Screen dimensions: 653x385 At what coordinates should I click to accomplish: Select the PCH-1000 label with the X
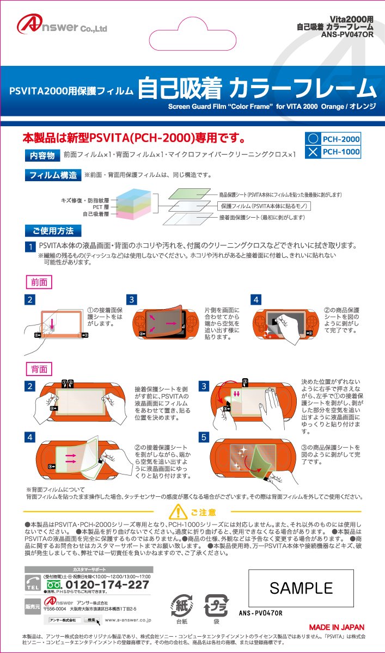click(x=333, y=152)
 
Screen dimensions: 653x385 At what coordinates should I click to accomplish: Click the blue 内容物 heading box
click(x=42, y=156)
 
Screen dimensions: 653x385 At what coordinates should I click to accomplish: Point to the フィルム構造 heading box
click(x=52, y=175)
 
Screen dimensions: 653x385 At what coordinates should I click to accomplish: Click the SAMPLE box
click(x=301, y=588)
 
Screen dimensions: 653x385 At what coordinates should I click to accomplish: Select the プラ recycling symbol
click(x=216, y=604)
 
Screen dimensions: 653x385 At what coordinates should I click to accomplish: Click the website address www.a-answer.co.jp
click(x=127, y=620)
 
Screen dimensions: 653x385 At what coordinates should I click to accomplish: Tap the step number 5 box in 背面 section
click(x=204, y=437)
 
